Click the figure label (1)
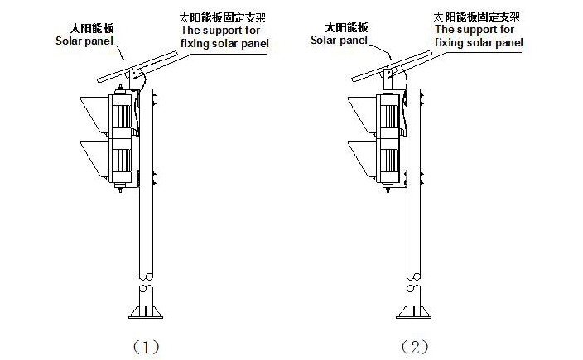(x=145, y=347)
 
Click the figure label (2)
(x=414, y=347)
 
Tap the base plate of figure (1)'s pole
(x=146, y=312)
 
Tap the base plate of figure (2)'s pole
(x=414, y=312)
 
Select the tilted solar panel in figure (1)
(x=137, y=67)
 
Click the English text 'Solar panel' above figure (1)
(x=84, y=40)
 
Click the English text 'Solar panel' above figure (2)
(x=340, y=40)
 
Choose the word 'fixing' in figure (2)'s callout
(x=453, y=43)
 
